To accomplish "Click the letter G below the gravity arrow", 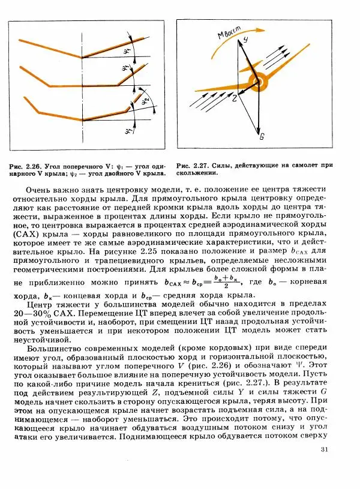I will click(x=262, y=137).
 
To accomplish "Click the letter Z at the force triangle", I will click(x=235, y=96).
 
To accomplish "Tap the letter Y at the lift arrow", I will click(x=245, y=39).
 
